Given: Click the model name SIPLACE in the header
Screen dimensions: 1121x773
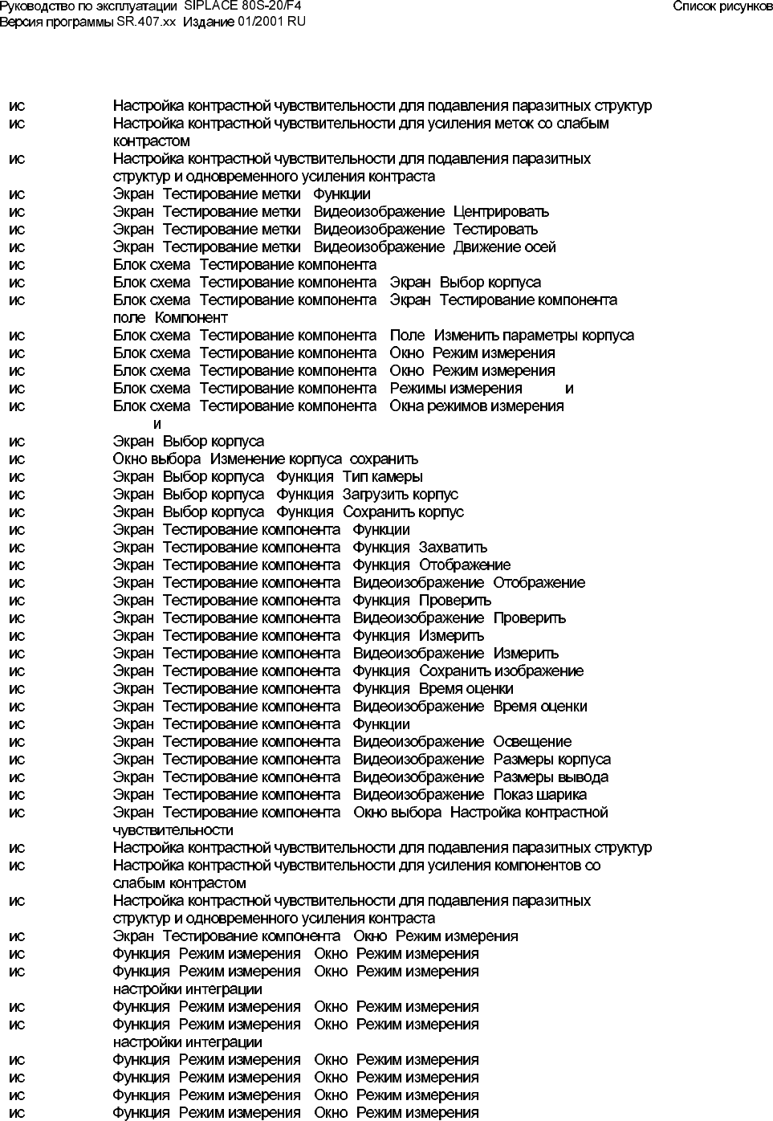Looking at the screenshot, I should click(211, 6).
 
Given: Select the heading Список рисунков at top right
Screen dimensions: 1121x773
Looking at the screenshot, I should click(722, 6).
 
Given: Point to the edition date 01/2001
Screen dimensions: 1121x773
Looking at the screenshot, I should click(260, 21).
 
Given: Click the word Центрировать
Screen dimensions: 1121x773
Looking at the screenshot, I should click(501, 212).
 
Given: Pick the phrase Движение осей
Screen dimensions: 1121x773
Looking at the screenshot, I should click(504, 247).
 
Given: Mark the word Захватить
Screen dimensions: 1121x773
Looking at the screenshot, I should click(453, 548).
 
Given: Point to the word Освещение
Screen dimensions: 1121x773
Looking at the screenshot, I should click(532, 742).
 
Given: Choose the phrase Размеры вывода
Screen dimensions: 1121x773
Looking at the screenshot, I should click(551, 777).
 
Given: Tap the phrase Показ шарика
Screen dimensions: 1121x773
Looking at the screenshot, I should click(539, 795).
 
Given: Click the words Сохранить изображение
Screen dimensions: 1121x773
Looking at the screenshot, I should click(501, 671).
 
